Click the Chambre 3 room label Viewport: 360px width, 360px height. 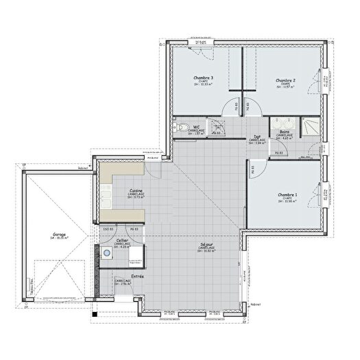coord(202,78)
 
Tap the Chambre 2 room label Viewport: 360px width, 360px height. coord(285,81)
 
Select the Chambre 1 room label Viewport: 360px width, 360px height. coord(287,195)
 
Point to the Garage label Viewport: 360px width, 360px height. coord(58,235)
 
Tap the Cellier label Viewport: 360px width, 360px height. coord(121,241)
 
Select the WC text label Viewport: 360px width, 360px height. coord(196,128)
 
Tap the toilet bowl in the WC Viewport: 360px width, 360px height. coord(181,128)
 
